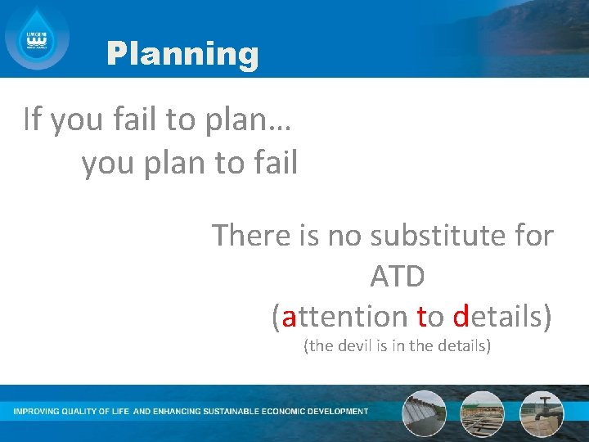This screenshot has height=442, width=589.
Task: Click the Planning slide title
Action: click(x=182, y=55)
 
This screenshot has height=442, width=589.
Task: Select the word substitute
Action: click(x=432, y=236)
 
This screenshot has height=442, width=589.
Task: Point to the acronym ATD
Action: click(x=398, y=277)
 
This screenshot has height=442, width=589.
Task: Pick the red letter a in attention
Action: click(x=290, y=317)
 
